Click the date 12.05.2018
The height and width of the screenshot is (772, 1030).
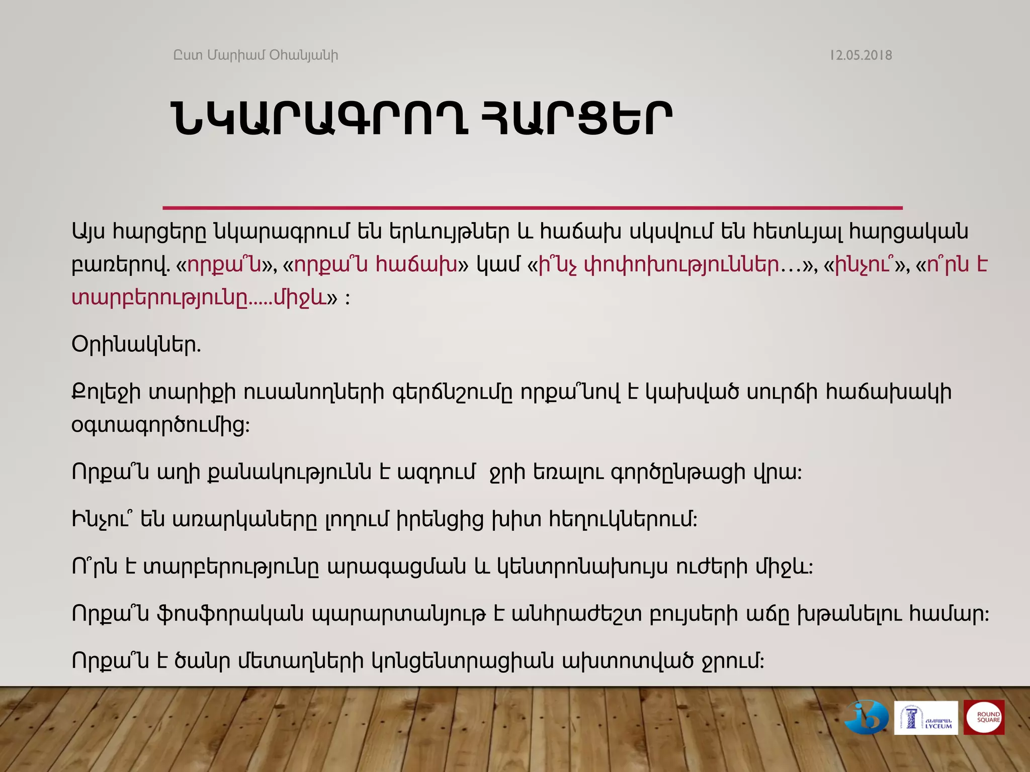pos(861,55)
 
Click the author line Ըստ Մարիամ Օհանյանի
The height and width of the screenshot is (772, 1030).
pos(255,55)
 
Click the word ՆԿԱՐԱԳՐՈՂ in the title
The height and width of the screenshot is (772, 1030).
pos(320,120)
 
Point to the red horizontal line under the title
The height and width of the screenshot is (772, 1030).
pos(532,208)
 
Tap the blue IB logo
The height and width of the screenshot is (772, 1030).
pos(867,717)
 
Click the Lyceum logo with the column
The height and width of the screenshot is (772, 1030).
pos(925,718)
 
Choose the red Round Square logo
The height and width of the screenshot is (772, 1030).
pos(984,717)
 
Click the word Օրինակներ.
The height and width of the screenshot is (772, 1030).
pos(136,345)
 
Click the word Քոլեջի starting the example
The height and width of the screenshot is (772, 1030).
pos(106,393)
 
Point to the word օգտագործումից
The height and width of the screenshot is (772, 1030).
pos(160,426)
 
